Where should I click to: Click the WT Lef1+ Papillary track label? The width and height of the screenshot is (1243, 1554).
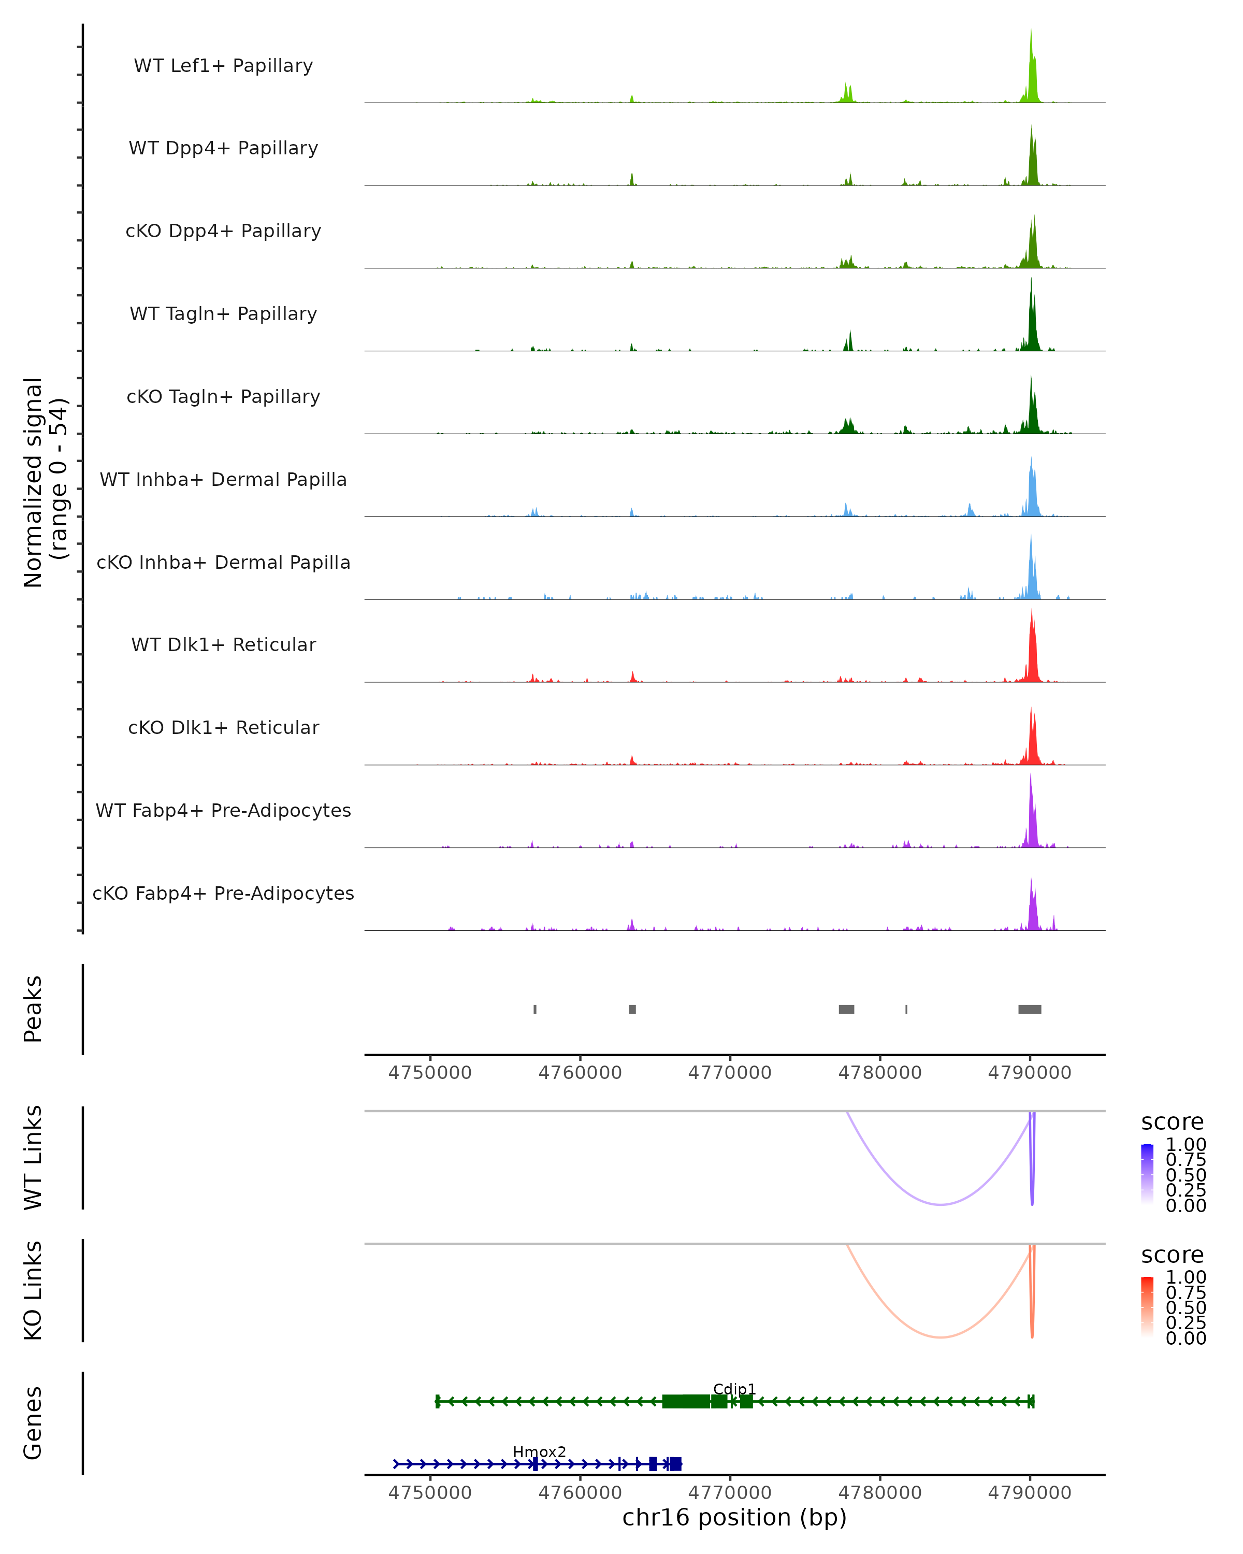(x=223, y=66)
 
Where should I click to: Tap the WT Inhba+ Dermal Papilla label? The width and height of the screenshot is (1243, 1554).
(x=223, y=479)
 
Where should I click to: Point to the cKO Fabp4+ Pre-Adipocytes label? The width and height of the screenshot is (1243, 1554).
(x=223, y=893)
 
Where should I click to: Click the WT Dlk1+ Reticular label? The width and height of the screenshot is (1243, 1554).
(x=223, y=644)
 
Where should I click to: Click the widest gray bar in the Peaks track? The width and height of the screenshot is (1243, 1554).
(x=1029, y=1009)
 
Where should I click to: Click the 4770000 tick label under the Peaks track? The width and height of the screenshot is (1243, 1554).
(x=729, y=1073)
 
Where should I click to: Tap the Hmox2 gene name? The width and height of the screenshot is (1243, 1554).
(x=539, y=1451)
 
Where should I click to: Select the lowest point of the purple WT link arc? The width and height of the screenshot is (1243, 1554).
(x=941, y=1204)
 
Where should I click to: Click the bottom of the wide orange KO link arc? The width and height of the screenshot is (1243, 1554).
(x=941, y=1337)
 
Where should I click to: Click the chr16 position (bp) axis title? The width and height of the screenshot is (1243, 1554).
(x=734, y=1518)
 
